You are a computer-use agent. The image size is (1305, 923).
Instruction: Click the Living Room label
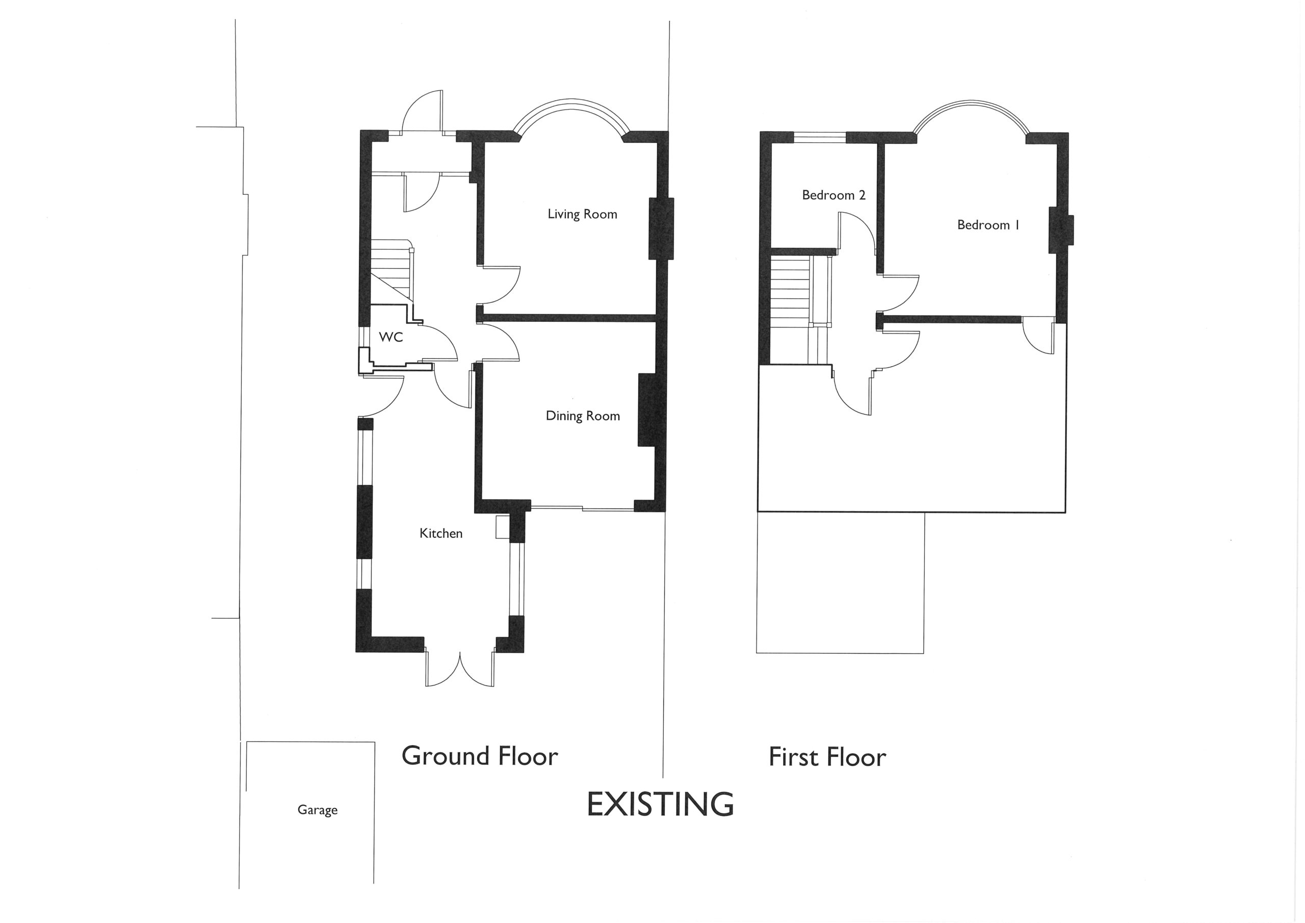pyautogui.click(x=582, y=214)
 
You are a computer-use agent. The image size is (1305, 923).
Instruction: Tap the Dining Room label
pyautogui.click(x=583, y=416)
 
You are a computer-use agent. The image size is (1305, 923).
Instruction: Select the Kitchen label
pyautogui.click(x=440, y=533)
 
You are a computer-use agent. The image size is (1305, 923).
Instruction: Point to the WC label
pyautogui.click(x=391, y=337)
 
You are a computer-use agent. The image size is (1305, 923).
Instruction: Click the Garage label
pyautogui.click(x=317, y=810)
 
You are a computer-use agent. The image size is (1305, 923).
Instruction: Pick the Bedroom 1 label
pyautogui.click(x=988, y=225)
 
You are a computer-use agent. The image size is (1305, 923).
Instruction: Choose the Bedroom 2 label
pyautogui.click(x=833, y=195)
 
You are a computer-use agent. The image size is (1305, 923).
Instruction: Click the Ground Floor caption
pyautogui.click(x=480, y=756)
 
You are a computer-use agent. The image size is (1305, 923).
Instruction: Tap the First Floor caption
pyautogui.click(x=827, y=757)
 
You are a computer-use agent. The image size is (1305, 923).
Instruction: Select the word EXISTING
pyautogui.click(x=660, y=804)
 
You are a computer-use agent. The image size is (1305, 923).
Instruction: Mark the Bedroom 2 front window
pyautogui.click(x=820, y=137)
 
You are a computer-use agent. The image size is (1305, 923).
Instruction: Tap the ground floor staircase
pyautogui.click(x=392, y=270)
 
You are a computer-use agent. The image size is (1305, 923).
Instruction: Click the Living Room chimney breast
pyautogui.click(x=661, y=228)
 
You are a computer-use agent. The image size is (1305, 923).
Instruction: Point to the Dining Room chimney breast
pyautogui.click(x=647, y=409)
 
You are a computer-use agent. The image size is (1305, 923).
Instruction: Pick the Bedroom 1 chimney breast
pyautogui.click(x=1061, y=230)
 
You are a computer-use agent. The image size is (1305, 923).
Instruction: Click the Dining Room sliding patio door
pyautogui.click(x=583, y=508)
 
